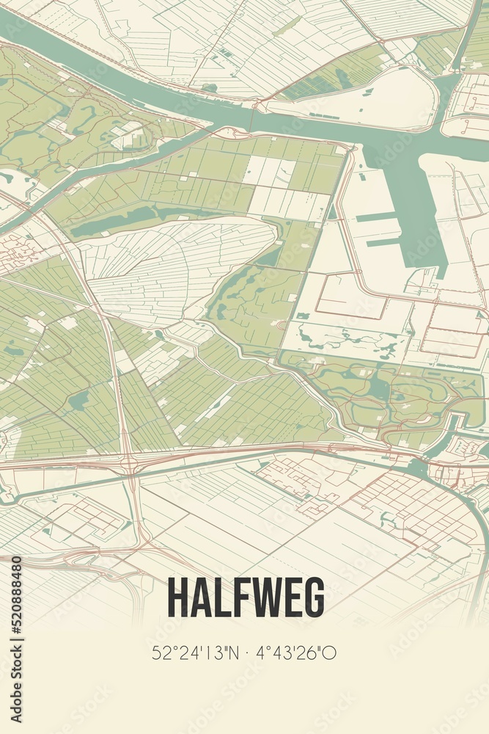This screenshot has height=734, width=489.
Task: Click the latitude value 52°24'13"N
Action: pos(194,653)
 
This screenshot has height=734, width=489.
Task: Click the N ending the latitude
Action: pos(229,653)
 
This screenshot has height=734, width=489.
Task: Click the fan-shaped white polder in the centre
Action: pos(176,264)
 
